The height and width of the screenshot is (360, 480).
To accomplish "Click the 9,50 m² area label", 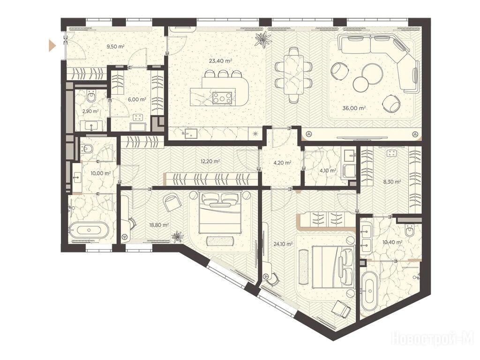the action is pos(115,47).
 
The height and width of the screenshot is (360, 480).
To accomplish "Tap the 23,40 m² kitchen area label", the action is pos(220,61).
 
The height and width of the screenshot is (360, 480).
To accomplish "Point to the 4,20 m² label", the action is pos(281,163).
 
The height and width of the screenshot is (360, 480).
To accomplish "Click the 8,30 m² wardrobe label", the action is pos(392,181).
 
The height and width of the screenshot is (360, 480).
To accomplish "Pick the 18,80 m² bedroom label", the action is pos(159,225).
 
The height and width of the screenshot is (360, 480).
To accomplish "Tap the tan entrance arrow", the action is pos(52,46).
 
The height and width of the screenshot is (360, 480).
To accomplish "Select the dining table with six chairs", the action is pos(293,75).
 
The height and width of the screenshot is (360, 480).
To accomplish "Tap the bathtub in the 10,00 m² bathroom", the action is pos(89,230).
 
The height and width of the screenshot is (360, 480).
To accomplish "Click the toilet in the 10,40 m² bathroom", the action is pos(410,230).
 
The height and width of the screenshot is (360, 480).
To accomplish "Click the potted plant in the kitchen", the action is pos(263,39).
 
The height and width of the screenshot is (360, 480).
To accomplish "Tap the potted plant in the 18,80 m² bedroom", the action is pos(177,236).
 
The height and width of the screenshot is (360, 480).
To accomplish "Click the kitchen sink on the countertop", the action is pos(190,133).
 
